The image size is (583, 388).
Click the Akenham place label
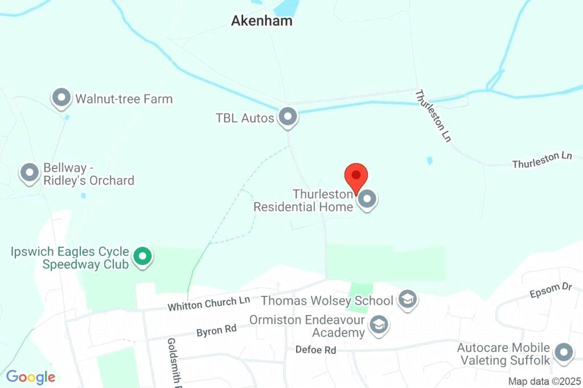pos(262,21)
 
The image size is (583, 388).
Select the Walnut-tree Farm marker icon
pos(61,98)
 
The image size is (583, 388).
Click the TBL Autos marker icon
pos(288,117)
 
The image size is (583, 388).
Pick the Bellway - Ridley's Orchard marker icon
pos(29,172)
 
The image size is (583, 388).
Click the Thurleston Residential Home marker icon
pos(367,200)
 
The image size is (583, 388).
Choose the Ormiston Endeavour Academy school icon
pos(377,325)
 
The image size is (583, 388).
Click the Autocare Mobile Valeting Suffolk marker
pos(564,352)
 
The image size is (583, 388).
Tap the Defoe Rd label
pos(316,350)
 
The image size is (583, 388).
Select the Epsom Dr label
pos(551,290)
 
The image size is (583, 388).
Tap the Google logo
pos(31,377)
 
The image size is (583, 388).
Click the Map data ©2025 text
pos(544,381)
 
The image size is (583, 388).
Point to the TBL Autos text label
pos(245,118)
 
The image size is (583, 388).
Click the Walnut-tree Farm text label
pos(124,99)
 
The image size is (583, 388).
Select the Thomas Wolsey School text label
pos(327,300)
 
